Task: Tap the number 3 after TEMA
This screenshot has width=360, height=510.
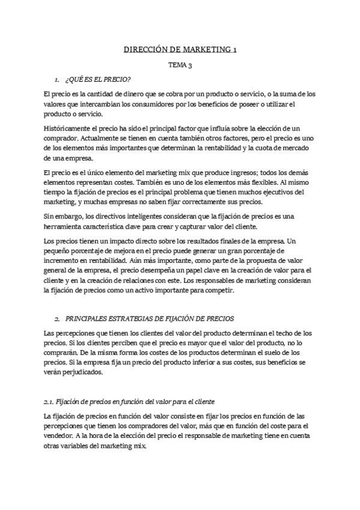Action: [189, 64]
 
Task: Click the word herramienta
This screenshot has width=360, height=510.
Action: [64, 227]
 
